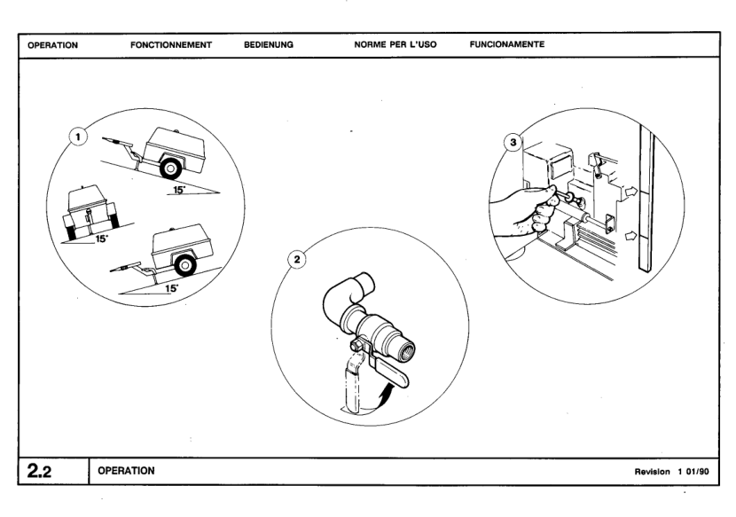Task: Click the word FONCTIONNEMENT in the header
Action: coord(171,43)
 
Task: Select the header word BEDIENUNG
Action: coord(269,43)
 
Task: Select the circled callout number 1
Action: coord(79,138)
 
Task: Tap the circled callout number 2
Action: coord(300,259)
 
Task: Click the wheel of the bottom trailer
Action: coord(184,264)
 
